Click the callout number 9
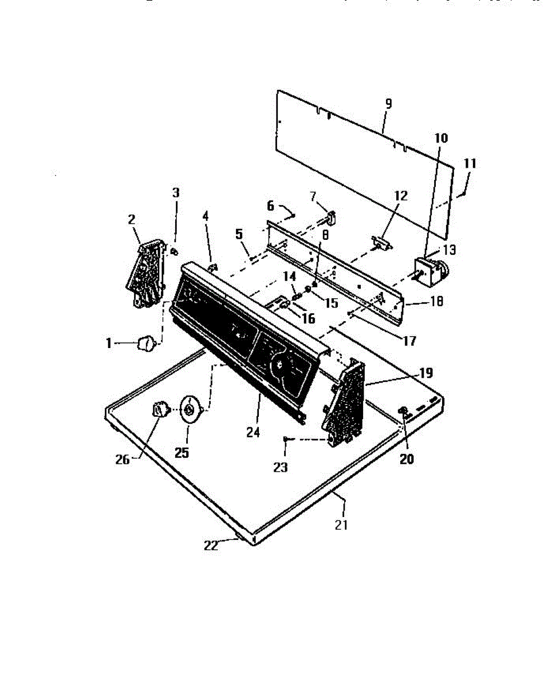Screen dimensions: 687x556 tap(388, 104)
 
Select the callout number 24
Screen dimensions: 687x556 tap(253, 433)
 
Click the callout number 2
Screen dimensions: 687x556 tap(132, 219)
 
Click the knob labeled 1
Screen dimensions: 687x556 tap(145, 345)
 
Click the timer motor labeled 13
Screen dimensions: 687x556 tap(431, 268)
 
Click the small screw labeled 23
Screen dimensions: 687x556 tap(286, 439)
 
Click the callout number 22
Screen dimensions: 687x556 tap(211, 546)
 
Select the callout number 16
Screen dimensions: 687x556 tap(308, 319)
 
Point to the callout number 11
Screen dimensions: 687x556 tap(470, 163)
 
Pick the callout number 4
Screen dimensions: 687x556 tap(206, 216)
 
